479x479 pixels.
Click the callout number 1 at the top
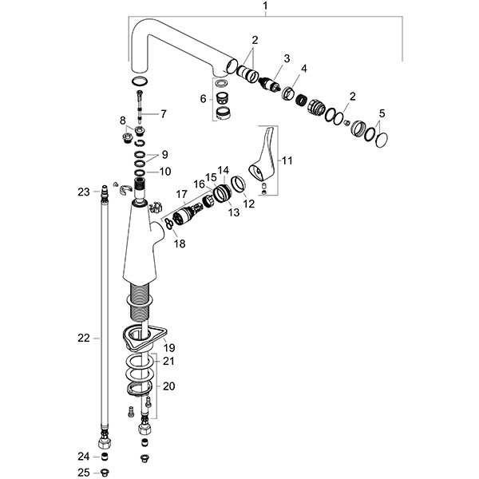(266, 7)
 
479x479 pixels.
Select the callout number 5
(382, 113)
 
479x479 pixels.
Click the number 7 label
(164, 114)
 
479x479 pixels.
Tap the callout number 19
(169, 348)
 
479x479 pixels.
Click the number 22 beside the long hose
(83, 338)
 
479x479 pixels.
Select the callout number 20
(169, 385)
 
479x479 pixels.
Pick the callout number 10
(164, 172)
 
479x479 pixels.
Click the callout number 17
(183, 194)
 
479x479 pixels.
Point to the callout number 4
(303, 69)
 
